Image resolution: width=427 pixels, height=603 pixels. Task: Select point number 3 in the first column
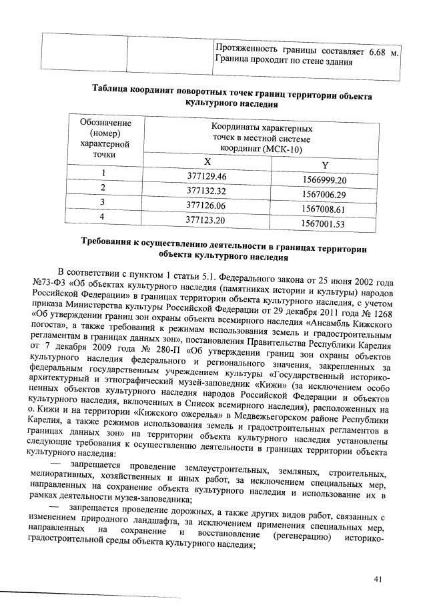(103, 201)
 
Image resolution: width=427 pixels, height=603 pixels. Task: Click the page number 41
(379, 579)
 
